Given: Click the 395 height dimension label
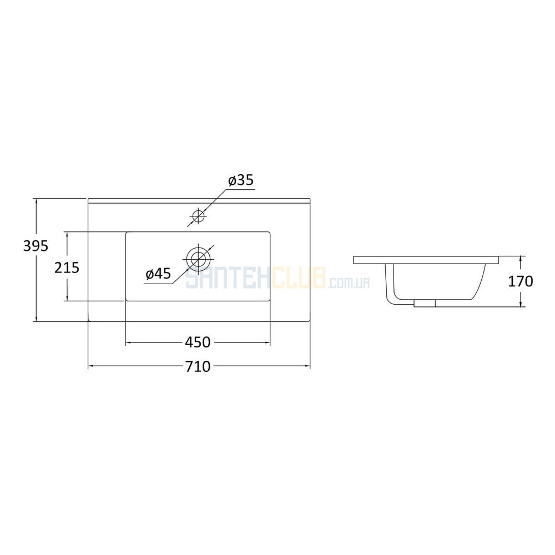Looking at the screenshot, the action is coord(36,246).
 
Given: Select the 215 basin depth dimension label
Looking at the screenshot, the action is coord(67,268).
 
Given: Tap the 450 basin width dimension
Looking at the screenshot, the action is coord(198,342).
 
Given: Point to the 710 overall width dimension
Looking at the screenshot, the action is coord(198,366).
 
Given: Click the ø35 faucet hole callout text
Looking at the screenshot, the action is coord(241,180).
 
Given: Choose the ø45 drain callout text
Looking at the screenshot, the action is coord(158,274).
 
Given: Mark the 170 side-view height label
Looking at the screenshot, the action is coord(521,281).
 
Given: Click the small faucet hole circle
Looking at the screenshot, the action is coord(198,215).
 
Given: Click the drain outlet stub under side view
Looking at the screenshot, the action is coord(425,303).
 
